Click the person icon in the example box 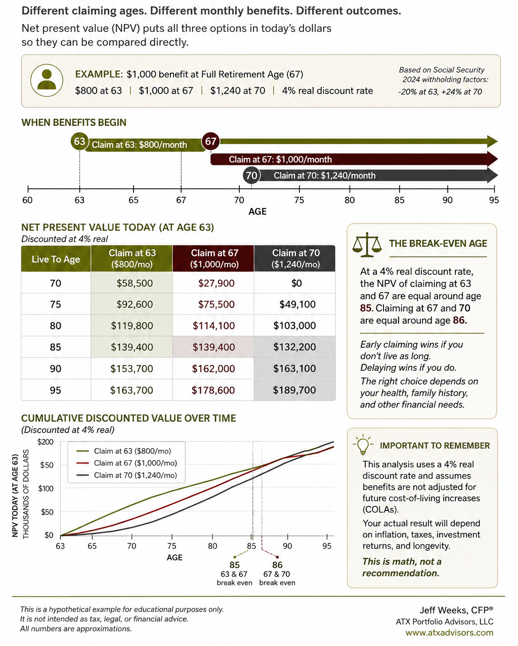47,80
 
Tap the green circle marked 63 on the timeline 79,141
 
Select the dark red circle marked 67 211,141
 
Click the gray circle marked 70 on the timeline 251,176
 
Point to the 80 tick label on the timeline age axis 350,200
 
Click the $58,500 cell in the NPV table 135,283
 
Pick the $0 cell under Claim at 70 296,283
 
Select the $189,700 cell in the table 294,390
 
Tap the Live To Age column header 56,259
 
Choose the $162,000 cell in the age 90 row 213,369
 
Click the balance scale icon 367,245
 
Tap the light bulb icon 363,445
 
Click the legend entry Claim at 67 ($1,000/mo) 136,463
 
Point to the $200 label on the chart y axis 46,442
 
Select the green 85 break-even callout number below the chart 235,565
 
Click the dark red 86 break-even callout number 278,565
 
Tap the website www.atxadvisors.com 449,633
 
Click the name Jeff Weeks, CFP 456,610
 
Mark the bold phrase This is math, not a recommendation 402,567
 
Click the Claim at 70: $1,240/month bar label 325,176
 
